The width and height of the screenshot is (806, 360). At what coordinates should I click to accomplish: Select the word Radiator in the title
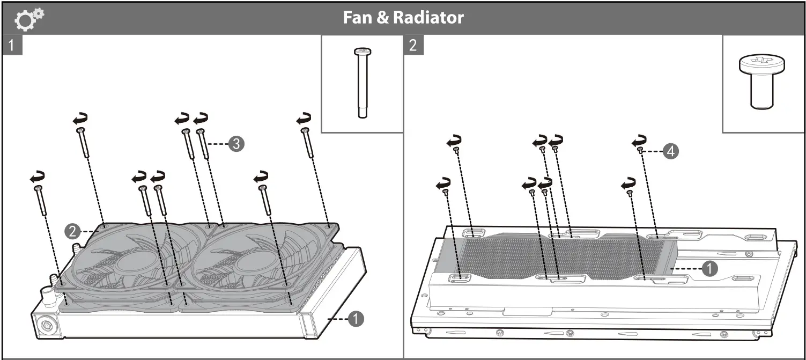click(x=428, y=18)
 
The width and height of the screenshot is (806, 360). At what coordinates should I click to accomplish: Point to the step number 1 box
click(x=13, y=45)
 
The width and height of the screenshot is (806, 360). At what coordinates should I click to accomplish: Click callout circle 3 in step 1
click(x=236, y=144)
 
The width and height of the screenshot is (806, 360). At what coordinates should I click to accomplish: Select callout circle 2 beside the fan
click(x=72, y=231)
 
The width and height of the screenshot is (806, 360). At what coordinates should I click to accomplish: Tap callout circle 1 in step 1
click(x=355, y=319)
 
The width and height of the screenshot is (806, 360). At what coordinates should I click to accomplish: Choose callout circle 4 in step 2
click(x=670, y=152)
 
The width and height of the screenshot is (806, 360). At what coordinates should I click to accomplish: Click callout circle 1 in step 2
click(x=709, y=268)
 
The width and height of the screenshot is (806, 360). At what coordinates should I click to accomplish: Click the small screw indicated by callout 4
click(x=641, y=152)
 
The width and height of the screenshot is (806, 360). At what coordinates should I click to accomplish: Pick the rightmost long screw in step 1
click(x=308, y=142)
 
